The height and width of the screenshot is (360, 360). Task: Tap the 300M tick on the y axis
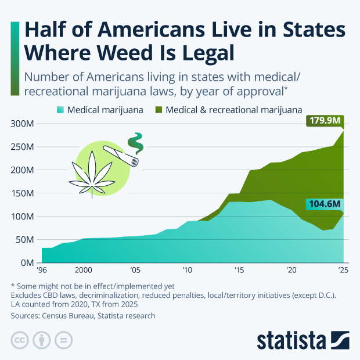(23, 124)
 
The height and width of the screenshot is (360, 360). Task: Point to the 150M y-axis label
(23, 193)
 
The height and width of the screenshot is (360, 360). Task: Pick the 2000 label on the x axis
(84, 271)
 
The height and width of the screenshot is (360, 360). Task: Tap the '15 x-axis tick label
(239, 271)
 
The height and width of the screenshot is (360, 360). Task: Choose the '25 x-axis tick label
(343, 271)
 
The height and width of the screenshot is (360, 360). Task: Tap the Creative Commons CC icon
(20, 340)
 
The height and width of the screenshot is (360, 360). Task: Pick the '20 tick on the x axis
(291, 271)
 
